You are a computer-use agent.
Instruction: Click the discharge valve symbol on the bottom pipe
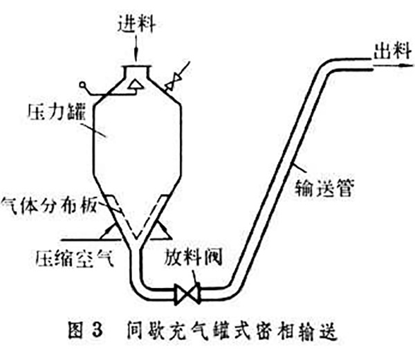187,291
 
